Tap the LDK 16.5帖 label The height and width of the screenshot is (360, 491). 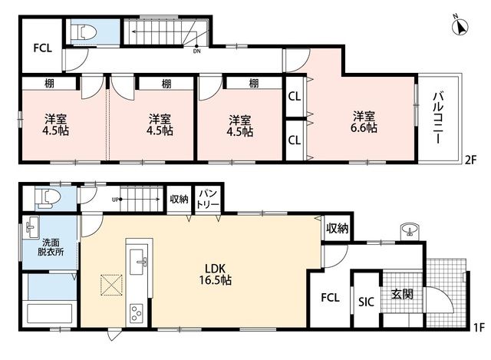[215, 274]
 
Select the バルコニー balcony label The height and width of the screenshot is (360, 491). [438, 117]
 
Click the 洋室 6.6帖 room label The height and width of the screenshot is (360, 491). [364, 122]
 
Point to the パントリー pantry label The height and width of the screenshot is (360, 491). [208, 200]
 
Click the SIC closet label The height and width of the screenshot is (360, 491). [366, 302]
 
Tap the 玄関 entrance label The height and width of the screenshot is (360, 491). [402, 294]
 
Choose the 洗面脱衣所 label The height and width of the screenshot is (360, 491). [51, 247]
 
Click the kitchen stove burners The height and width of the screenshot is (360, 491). [137, 312]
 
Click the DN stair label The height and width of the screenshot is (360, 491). [196, 51]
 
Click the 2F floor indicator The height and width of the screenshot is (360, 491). [470, 160]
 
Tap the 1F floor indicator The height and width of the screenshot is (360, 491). [479, 328]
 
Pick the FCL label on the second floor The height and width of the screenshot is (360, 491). [43, 48]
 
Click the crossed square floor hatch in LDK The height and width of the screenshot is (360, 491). [111, 285]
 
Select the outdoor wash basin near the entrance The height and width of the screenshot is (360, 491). [408, 230]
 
